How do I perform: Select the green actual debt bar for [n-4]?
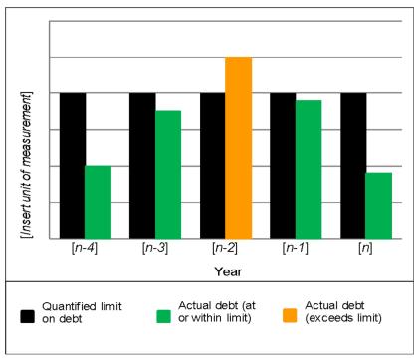tap(97, 200)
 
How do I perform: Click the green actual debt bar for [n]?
tap(379, 204)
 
